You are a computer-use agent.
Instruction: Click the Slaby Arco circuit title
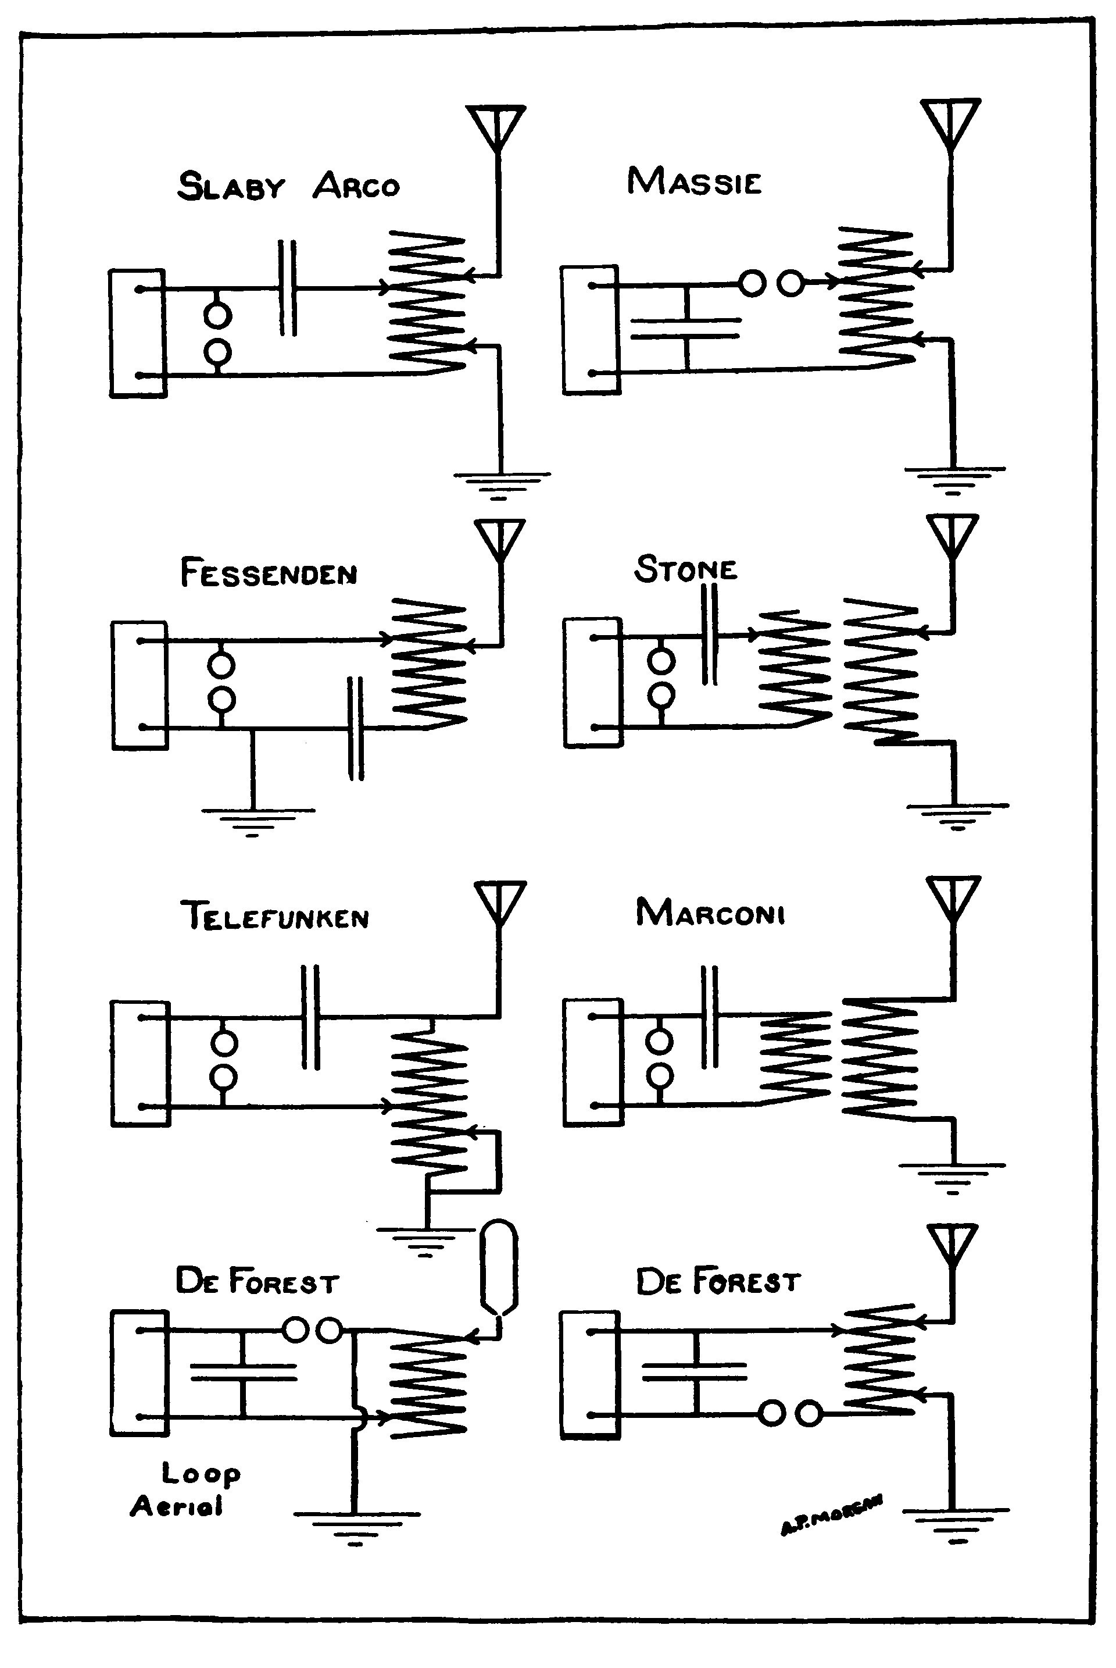288,186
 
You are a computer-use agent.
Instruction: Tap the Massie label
694,181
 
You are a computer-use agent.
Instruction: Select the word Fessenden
269,574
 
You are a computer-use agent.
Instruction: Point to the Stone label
685,569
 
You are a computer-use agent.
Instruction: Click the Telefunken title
275,917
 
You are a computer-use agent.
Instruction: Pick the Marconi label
710,913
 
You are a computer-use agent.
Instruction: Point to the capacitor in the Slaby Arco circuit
288,288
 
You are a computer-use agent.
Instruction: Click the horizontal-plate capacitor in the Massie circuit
686,327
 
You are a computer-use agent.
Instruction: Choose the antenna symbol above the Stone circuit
952,536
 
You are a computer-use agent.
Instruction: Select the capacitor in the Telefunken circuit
310,1017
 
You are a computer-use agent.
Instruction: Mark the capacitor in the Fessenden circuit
355,728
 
